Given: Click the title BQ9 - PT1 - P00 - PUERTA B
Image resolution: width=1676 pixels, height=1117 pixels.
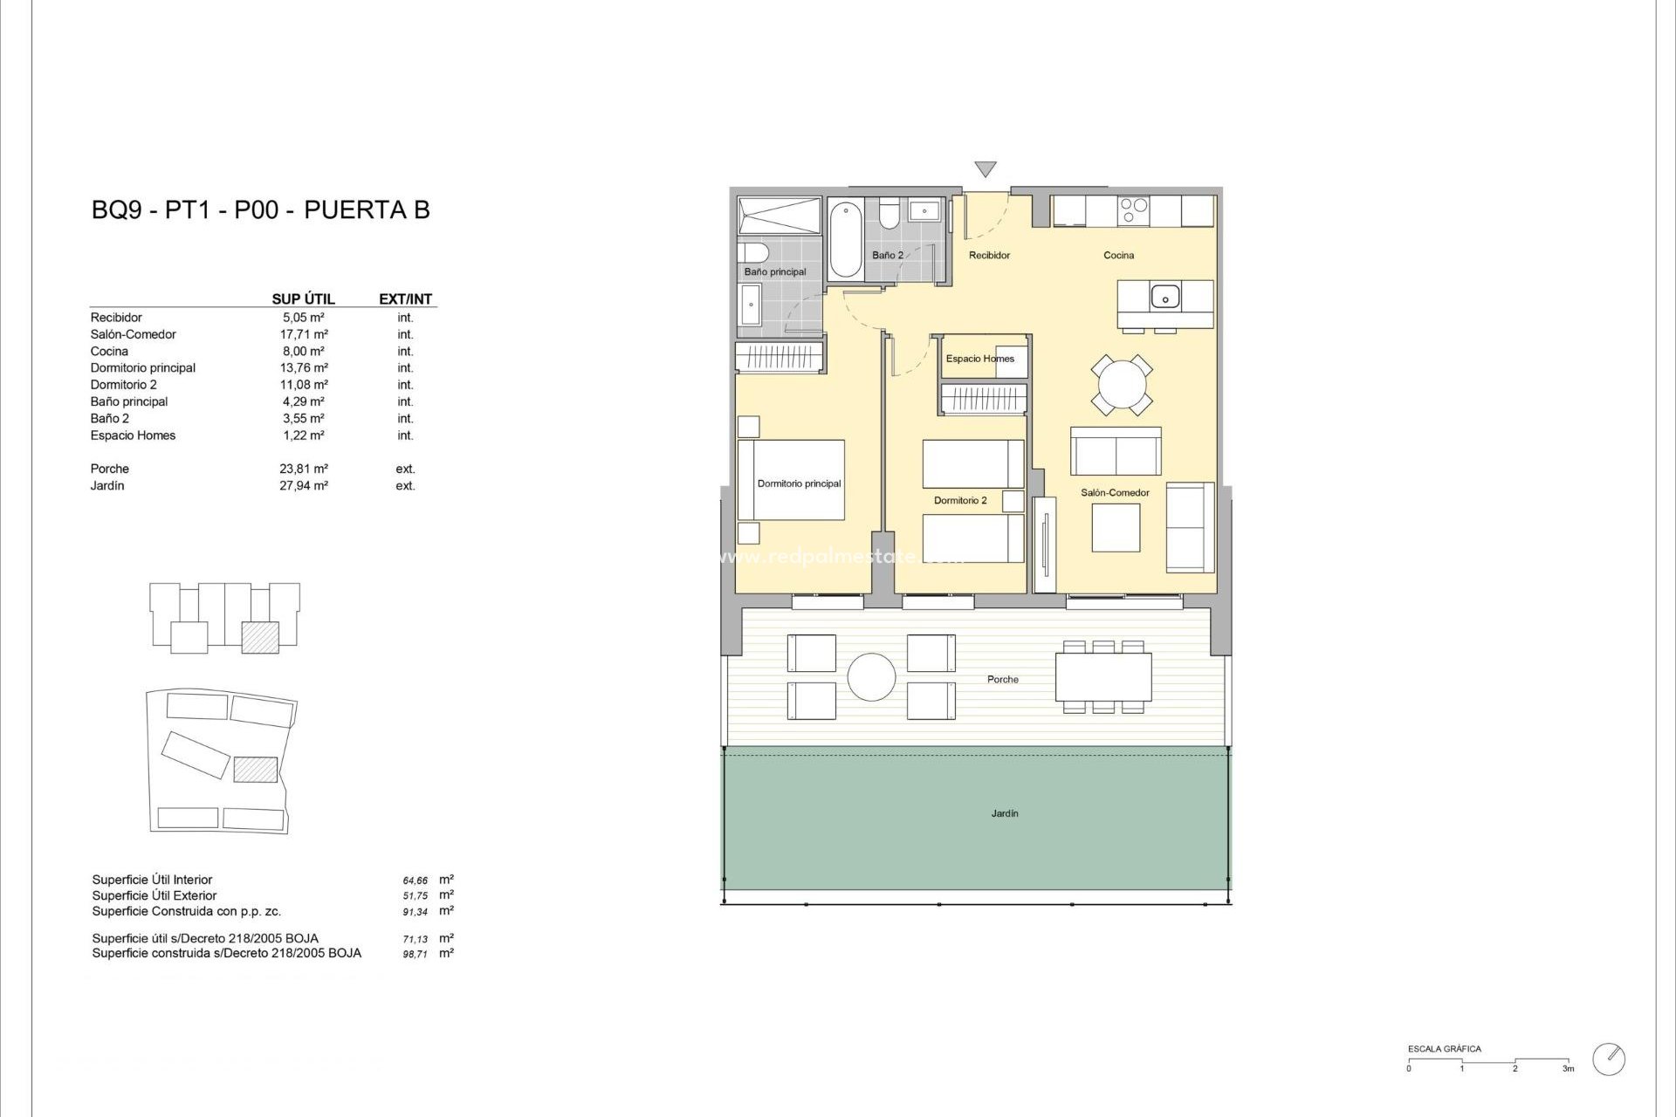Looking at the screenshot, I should [260, 210].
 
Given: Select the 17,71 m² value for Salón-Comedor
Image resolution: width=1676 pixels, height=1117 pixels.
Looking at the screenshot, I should [304, 334].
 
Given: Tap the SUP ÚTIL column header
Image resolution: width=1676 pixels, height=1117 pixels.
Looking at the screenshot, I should [303, 299].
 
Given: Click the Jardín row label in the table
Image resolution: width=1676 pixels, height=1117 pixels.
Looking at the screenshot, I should [107, 486].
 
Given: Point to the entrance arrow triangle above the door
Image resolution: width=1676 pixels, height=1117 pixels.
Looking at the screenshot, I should [986, 169].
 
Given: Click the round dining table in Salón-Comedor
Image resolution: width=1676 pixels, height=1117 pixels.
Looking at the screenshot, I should [1122, 384].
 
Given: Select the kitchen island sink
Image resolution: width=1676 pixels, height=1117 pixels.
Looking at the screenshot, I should [1164, 298].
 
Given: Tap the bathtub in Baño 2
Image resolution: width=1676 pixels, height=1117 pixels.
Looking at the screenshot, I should [845, 239].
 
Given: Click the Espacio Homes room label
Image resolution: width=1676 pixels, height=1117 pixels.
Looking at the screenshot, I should [979, 359].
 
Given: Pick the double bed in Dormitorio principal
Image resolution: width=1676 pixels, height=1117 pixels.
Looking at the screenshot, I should [791, 480].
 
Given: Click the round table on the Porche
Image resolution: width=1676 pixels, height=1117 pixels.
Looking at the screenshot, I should [871, 677].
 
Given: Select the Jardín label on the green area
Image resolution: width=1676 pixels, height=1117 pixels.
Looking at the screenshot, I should [1005, 813].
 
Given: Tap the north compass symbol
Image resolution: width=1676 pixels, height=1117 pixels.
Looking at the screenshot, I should [1609, 1059].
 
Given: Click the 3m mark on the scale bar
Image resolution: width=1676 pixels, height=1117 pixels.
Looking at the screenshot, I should [1568, 1068].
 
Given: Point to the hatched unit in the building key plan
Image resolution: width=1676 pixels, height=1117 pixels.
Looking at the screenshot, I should [260, 637].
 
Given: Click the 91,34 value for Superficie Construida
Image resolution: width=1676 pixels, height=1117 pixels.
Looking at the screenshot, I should [416, 912].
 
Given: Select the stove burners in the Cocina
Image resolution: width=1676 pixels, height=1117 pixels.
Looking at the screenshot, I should [1135, 211].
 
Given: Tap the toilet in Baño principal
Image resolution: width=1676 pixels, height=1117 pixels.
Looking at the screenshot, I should [752, 253].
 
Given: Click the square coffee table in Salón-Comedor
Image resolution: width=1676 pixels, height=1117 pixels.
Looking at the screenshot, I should [1116, 528].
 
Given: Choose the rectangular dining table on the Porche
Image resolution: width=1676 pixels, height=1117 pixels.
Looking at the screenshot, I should [1102, 677].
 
